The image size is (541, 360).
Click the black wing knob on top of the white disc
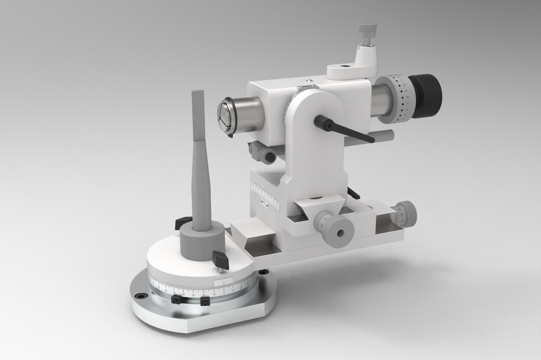219,258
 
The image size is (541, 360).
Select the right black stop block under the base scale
205,301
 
